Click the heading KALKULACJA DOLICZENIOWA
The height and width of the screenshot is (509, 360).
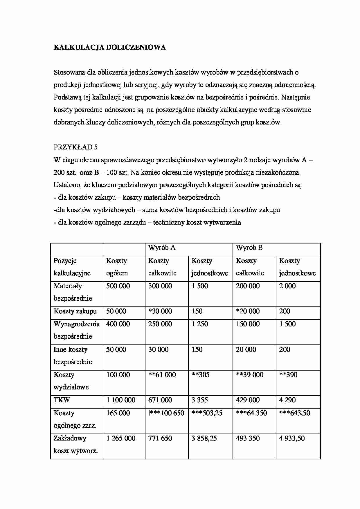(x=110, y=48)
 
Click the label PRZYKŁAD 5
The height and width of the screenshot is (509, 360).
(x=75, y=147)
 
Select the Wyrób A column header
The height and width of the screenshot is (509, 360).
(x=162, y=248)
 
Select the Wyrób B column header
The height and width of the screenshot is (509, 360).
(x=249, y=248)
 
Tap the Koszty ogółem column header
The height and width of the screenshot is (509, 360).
(x=117, y=267)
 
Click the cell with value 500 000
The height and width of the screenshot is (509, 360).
(x=118, y=286)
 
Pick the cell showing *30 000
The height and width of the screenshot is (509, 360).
(x=160, y=311)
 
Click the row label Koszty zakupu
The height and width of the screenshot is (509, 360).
(x=75, y=311)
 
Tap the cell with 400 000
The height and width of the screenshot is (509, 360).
(x=118, y=324)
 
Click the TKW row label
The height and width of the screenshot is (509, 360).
(x=62, y=400)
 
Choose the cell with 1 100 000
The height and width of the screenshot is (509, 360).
(x=121, y=400)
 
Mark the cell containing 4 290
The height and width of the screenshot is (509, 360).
(x=287, y=400)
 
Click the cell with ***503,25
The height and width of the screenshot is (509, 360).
(x=207, y=413)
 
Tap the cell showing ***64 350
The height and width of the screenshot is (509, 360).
(x=251, y=413)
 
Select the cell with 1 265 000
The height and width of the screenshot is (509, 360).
(x=121, y=438)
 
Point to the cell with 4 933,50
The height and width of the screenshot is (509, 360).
(x=292, y=438)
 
